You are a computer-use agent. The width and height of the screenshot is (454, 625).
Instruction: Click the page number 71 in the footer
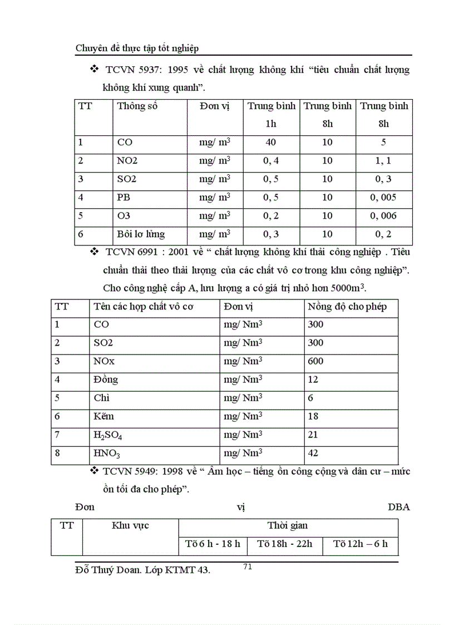click(x=248, y=567)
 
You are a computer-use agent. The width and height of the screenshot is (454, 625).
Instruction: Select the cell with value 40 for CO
click(x=270, y=142)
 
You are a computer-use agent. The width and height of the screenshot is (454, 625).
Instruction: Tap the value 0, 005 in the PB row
click(x=383, y=198)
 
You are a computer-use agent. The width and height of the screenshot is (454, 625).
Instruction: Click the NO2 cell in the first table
click(x=127, y=161)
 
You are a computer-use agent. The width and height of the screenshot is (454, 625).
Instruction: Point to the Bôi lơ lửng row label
click(x=141, y=234)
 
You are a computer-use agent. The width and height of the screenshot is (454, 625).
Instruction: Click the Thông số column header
click(x=137, y=106)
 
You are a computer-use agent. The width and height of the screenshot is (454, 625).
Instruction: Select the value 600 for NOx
click(x=315, y=361)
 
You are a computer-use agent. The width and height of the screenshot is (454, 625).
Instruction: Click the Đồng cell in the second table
click(x=106, y=380)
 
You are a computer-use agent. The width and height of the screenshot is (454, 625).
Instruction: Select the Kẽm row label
click(x=105, y=416)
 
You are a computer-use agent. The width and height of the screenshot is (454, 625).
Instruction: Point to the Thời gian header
click(x=287, y=525)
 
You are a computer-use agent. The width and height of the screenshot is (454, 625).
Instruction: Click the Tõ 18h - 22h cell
click(x=285, y=544)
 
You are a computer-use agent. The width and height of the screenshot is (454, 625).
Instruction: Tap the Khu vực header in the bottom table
click(x=130, y=525)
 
